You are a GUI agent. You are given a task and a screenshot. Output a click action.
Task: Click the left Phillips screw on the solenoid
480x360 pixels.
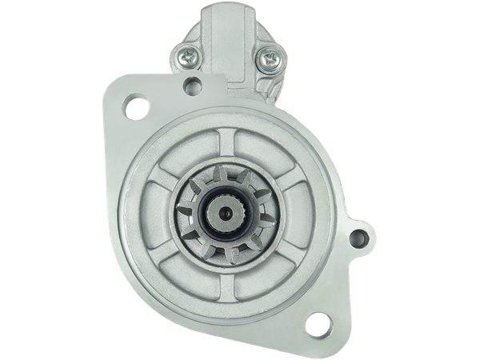tap(186, 57)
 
